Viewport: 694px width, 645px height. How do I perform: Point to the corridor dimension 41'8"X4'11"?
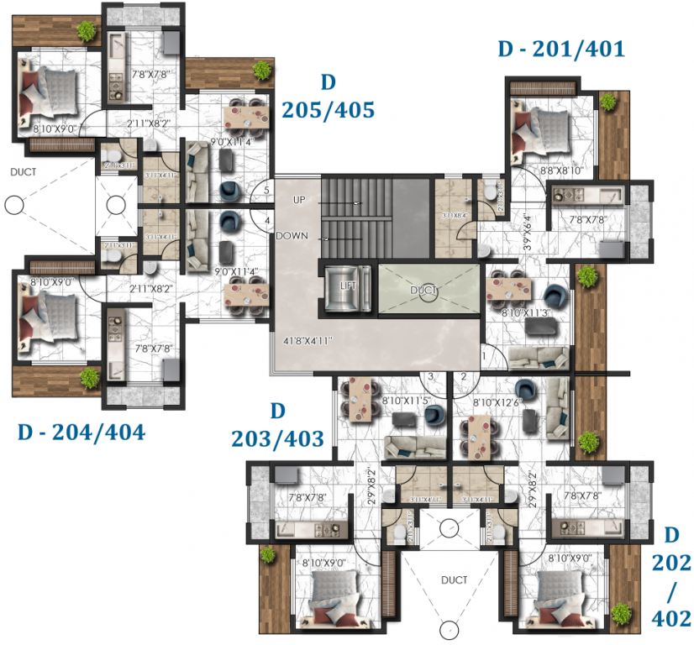pos(309,341)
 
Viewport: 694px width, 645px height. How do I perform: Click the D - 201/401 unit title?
pos(561,50)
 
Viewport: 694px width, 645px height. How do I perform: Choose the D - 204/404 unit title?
pos(81,433)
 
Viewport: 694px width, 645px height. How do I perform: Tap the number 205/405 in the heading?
pos(328,110)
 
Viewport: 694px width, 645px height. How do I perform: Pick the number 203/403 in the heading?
pos(277,438)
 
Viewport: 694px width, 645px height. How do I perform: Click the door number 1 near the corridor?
pos(485,357)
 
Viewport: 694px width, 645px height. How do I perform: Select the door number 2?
pos(463,377)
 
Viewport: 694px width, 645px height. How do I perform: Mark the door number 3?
pos(429,377)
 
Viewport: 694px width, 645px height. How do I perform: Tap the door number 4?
pos(266,221)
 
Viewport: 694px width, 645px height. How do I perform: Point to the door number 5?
pos(266,191)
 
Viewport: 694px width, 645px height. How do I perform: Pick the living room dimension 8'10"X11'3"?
pos(528,313)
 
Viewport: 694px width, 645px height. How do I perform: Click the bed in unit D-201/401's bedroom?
pos(546,125)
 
